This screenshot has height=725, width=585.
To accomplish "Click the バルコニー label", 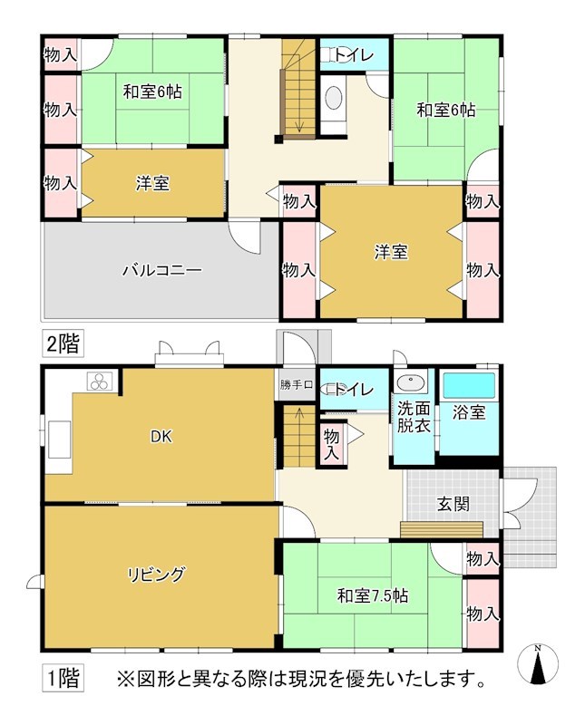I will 161,270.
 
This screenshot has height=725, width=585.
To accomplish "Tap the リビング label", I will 156,574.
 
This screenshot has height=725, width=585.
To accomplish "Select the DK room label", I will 161,436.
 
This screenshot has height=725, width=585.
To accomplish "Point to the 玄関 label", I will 452,505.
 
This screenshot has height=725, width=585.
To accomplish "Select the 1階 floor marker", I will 63,676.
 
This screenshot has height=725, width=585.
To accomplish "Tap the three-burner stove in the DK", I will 99,382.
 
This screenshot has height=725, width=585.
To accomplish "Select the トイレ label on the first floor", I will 349,390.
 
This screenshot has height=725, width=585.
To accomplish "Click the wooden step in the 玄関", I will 441,529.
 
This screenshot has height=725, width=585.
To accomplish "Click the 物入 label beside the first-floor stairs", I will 331,444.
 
